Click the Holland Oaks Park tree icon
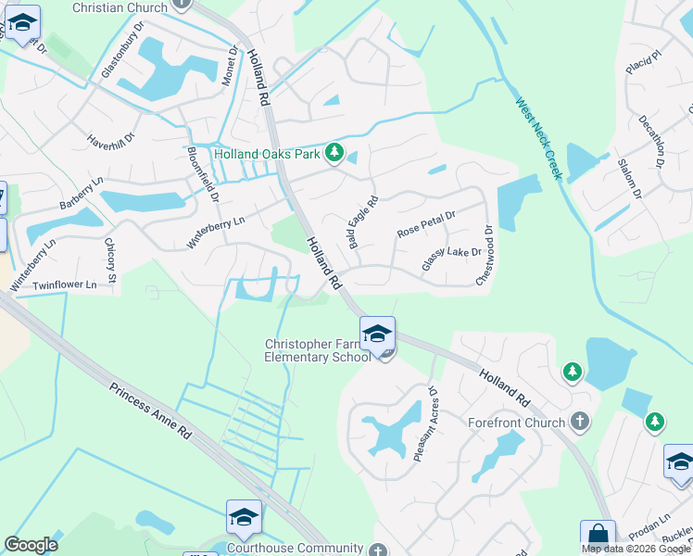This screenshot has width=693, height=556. tap(335, 153)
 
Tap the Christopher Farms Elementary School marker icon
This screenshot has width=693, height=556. tap(377, 334)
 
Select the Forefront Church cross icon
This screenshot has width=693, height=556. tap(580, 423)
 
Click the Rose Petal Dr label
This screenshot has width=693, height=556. tap(426, 223)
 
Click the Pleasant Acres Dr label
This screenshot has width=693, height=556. tap(425, 423)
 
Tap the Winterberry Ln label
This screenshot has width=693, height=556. tap(216, 232)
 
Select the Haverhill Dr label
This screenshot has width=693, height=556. tap(111, 138)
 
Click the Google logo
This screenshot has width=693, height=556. tap(31, 545)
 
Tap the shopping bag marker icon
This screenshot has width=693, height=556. tap(598, 535)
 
